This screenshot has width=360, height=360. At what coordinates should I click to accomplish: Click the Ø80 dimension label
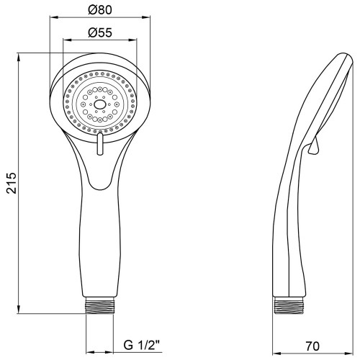point(100,10)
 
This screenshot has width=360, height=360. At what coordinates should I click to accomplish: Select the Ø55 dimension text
point(100,32)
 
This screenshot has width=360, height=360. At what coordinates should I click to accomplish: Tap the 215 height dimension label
point(12,183)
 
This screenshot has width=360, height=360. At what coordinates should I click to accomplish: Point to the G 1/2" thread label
point(142,345)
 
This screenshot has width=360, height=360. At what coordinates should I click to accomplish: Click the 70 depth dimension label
point(312,346)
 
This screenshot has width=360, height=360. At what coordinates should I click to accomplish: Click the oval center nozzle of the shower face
point(99,104)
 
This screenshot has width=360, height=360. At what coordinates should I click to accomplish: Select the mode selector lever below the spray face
point(100,144)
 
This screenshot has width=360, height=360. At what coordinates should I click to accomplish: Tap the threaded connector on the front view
point(99,305)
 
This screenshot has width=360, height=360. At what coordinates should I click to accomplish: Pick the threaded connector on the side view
point(289,305)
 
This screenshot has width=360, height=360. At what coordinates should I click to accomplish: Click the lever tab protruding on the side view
point(313,146)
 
